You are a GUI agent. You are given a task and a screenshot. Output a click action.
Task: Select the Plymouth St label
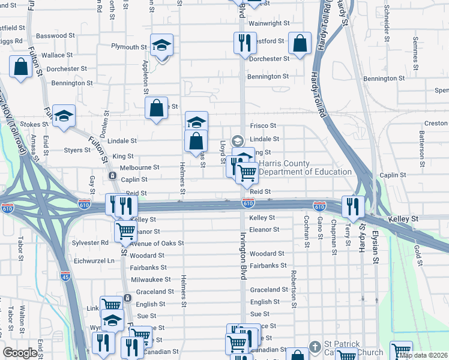click(x=129, y=47)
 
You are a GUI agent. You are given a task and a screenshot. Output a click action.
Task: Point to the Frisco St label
click(x=263, y=126)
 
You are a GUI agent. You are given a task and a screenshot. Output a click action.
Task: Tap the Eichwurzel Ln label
click(x=94, y=261)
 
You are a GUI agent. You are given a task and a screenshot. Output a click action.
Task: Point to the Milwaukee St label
click(x=151, y=280)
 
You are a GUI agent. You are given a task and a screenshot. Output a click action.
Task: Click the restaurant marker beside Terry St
click(x=352, y=206)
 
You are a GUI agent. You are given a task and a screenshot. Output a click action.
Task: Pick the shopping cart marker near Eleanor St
click(x=125, y=231)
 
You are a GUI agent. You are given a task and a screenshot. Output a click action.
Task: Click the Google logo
click(x=20, y=353)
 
